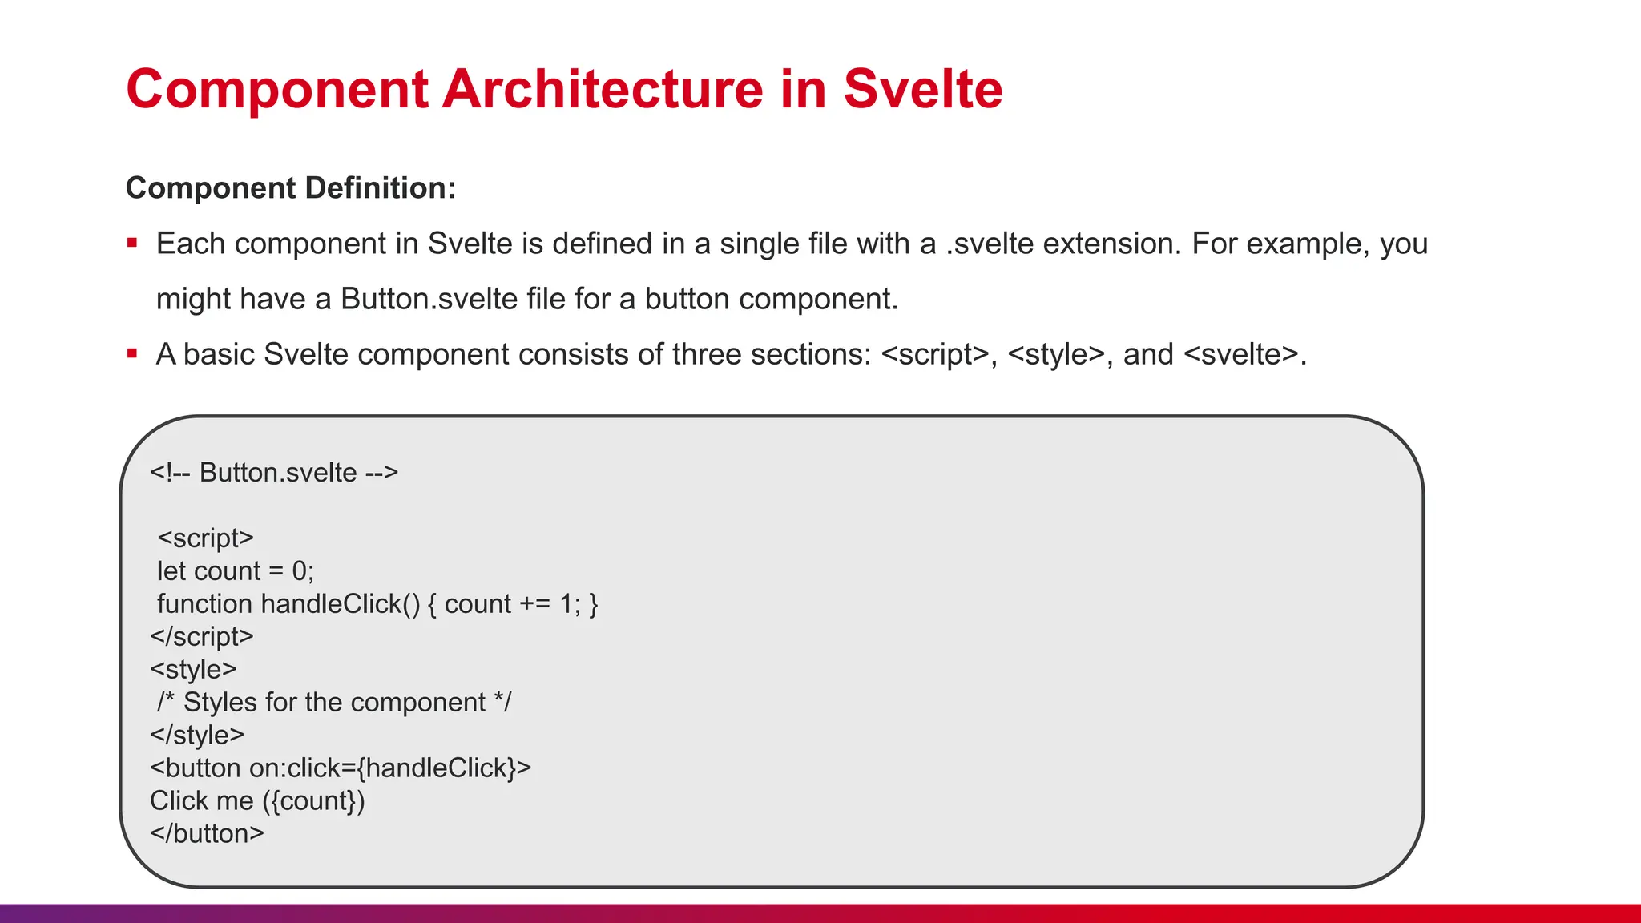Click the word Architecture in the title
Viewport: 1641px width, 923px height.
point(603,89)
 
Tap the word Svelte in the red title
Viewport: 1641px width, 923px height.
point(922,89)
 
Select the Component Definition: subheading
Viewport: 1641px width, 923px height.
point(291,188)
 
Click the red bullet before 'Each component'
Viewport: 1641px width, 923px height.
point(133,243)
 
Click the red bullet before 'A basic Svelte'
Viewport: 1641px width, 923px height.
point(133,353)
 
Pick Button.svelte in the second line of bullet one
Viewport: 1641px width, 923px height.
point(429,299)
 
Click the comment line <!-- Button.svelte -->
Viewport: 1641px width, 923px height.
point(274,473)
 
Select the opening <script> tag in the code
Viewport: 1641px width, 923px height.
point(205,538)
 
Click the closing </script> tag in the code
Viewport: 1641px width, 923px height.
point(202,637)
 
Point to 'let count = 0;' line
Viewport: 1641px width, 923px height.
point(236,571)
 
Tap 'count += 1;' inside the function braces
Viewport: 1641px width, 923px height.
point(512,604)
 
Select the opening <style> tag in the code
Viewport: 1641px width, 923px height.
point(193,670)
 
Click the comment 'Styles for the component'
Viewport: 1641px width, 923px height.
point(334,703)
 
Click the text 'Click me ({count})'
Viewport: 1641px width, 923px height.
point(257,801)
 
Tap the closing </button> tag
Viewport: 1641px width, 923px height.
point(207,834)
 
